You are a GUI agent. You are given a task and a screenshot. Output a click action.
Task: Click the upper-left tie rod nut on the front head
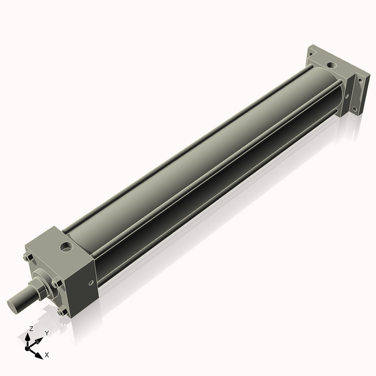click(x=26, y=257)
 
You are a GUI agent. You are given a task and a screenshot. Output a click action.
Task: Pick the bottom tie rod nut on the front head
click(x=60, y=311)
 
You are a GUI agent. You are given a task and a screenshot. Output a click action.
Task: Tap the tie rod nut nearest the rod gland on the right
click(x=57, y=283)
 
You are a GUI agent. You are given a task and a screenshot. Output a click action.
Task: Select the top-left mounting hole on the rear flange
click(x=311, y=54)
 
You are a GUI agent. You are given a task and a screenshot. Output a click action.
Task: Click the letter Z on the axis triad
click(x=31, y=328)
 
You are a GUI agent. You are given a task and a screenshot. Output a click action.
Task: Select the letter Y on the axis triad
click(x=46, y=333)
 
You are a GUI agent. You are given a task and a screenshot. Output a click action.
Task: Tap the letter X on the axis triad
click(x=47, y=355)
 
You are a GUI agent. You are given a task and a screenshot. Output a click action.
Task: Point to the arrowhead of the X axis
click(x=39, y=353)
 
